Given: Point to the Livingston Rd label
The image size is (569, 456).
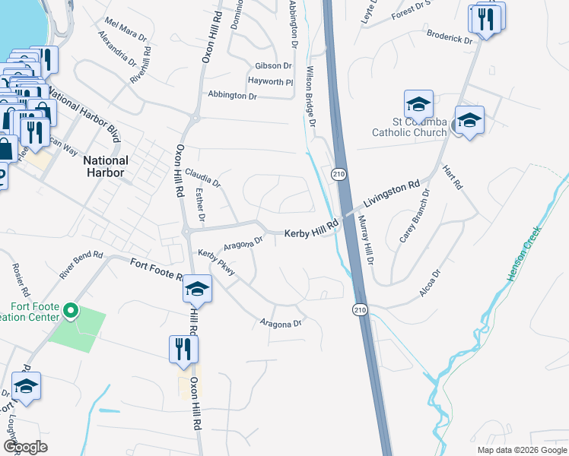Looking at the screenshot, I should [x=391, y=195].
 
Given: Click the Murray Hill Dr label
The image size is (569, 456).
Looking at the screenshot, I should [x=365, y=239].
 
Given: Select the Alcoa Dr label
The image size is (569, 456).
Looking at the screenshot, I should [x=431, y=283].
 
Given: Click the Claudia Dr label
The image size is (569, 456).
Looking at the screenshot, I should [x=202, y=179].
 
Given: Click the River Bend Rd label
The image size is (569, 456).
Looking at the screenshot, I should [x=81, y=262].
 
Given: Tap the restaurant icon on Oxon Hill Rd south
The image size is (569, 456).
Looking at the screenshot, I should [x=183, y=349].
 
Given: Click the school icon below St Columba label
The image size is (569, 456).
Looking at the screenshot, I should [x=469, y=120].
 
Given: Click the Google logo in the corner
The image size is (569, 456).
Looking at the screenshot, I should [x=26, y=447].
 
